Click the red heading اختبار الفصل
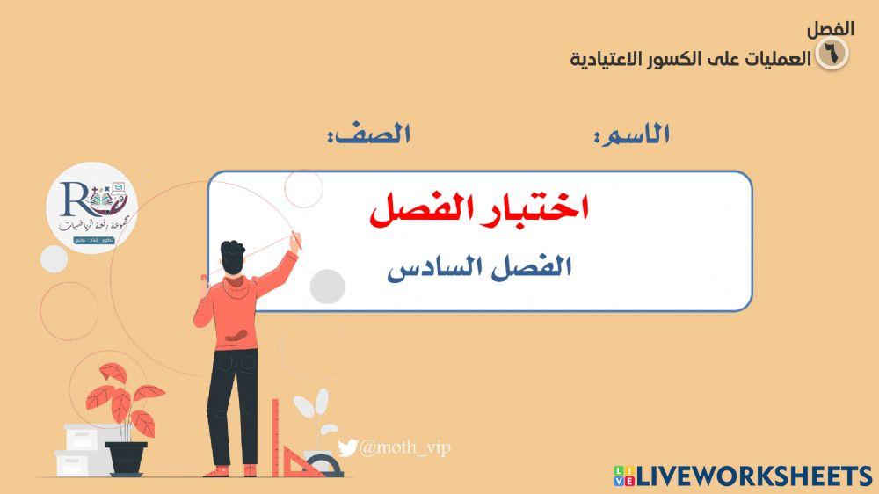pyautogui.click(x=479, y=210)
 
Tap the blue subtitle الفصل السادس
pyautogui.click(x=479, y=266)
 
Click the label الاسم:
pyautogui.click(x=632, y=134)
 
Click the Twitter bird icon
pyautogui.click(x=347, y=449)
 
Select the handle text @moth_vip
pyautogui.click(x=404, y=449)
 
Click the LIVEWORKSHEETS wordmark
pyautogui.click(x=754, y=476)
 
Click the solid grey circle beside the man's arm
pyautogui.click(x=328, y=287)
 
